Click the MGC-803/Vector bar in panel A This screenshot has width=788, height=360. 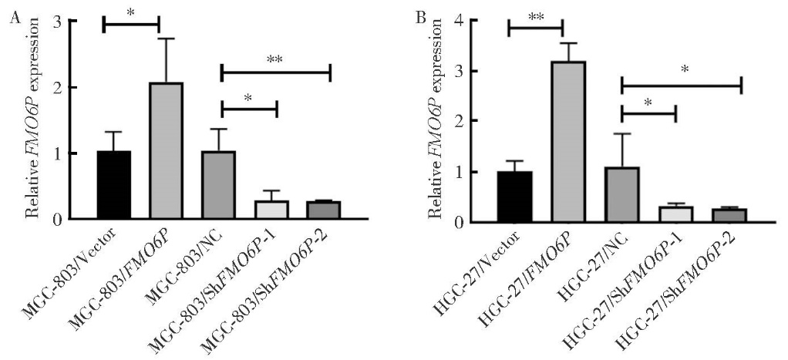click(114, 185)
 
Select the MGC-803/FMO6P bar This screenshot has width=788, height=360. click(166, 151)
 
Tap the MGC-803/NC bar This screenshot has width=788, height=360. click(217, 185)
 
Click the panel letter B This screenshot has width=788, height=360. click(420, 17)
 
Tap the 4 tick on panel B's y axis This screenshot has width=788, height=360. click(484, 21)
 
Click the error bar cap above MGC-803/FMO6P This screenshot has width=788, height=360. click(166, 39)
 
